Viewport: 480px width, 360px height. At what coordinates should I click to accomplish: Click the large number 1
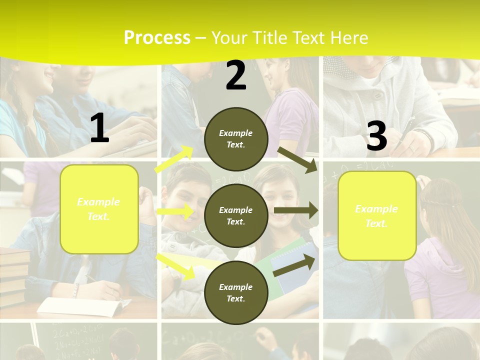pyautogui.click(x=99, y=128)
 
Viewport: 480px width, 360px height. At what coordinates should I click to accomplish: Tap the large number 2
pyautogui.click(x=236, y=76)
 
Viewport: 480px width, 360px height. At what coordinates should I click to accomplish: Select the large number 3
pyautogui.click(x=376, y=136)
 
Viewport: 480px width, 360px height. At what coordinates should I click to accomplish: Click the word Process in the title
pyautogui.click(x=157, y=37)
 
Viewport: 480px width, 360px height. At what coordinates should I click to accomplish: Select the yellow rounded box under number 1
pyautogui.click(x=99, y=209)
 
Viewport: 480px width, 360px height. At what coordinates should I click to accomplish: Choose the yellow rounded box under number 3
pyautogui.click(x=377, y=215)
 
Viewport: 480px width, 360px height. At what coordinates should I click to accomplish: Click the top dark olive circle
pyautogui.click(x=236, y=139)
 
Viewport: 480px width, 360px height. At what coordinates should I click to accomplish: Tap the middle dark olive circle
pyautogui.click(x=236, y=215)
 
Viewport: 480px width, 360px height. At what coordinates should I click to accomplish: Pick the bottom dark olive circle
pyautogui.click(x=236, y=292)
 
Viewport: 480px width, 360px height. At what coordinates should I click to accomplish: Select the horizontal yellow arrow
pyautogui.click(x=175, y=211)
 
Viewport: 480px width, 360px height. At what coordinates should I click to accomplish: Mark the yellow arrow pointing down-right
pyautogui.click(x=175, y=266)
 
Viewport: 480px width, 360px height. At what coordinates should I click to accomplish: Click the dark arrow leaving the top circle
pyautogui.click(x=297, y=160)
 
